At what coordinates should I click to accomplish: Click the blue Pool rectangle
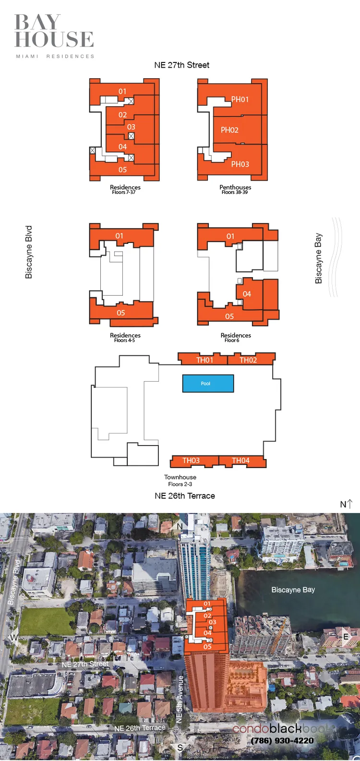point(208,384)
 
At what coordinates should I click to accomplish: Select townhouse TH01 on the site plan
point(204,360)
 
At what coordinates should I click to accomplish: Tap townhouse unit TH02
point(248,360)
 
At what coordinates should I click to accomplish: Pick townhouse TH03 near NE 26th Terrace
point(191,461)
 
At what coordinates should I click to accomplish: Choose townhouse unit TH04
point(240,461)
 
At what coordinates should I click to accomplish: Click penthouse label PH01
point(240,99)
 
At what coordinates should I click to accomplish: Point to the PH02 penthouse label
point(229,130)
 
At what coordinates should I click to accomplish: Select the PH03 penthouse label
point(240,164)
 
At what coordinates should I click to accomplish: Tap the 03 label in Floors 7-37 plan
point(131,127)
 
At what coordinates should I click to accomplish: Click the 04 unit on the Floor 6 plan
point(247,294)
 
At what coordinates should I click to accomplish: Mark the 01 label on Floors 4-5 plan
point(119,236)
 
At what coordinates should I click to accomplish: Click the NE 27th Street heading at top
point(181,65)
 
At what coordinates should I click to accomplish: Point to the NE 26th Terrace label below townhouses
point(185,496)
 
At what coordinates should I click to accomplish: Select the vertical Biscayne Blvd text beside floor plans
point(29,252)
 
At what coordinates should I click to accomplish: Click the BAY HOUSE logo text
point(54,31)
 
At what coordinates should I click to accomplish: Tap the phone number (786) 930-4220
point(282,740)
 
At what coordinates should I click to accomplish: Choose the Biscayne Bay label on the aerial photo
point(293,590)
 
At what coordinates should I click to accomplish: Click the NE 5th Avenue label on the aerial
point(180,699)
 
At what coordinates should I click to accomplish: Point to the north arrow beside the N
point(350,503)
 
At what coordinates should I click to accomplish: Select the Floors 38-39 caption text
point(235,193)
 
